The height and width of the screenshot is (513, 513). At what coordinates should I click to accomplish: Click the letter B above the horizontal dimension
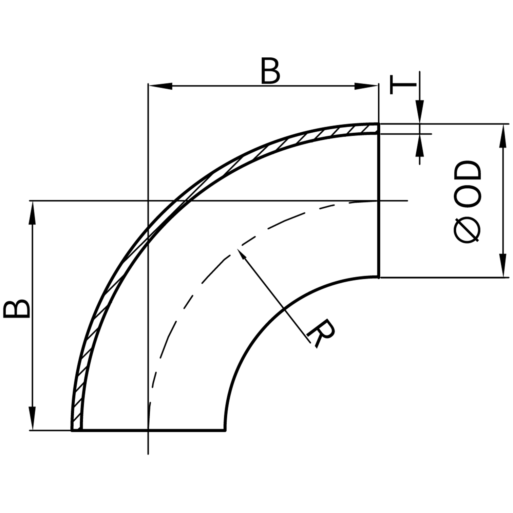[270, 71]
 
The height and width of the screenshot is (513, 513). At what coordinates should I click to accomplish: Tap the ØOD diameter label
[468, 202]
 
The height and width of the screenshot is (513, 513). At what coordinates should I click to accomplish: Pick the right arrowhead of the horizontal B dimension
[366, 86]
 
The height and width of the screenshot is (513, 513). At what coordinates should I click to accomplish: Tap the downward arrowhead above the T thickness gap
[420, 112]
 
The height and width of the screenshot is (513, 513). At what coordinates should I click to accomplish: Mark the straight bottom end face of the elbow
[153, 430]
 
